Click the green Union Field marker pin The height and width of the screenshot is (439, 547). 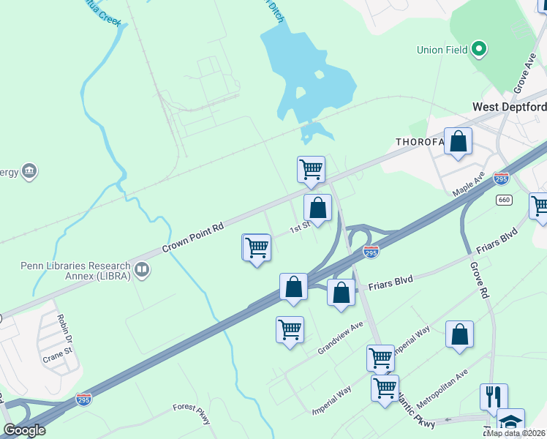click(480, 50)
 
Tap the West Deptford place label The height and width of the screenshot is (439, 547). click(509, 107)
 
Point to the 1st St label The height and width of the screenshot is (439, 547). click(300, 228)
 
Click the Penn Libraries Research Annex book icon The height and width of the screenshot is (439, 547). click(142, 270)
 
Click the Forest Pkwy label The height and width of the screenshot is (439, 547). click(192, 413)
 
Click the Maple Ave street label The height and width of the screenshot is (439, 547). click(469, 184)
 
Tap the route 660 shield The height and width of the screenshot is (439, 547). click(504, 200)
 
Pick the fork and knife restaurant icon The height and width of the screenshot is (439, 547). click(493, 397)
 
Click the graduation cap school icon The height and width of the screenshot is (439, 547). click(511, 421)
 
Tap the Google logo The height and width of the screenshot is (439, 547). click(24, 429)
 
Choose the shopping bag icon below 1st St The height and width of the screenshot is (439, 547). click(293, 287)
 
